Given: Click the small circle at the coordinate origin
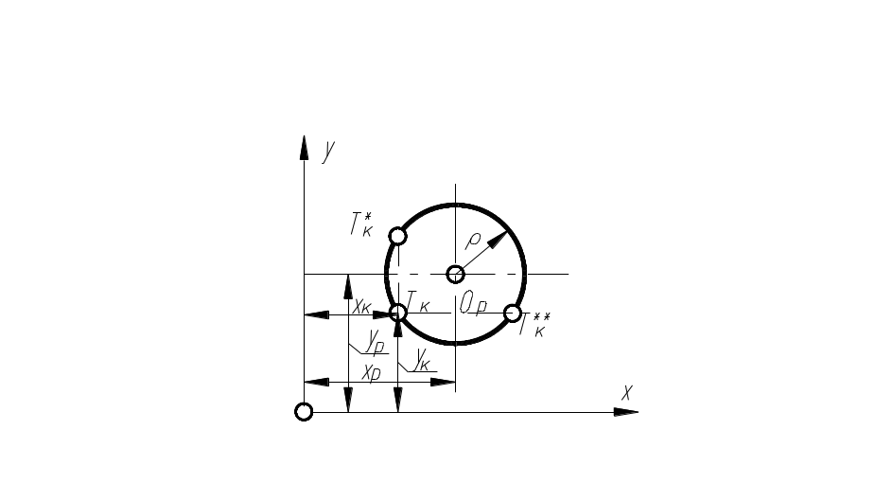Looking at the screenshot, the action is [x=304, y=411].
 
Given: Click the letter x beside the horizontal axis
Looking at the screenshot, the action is [x=626, y=391].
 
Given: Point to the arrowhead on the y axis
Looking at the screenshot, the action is [x=304, y=148].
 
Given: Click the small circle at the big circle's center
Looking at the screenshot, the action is [x=455, y=274].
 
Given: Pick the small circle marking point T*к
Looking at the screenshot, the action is [x=398, y=236].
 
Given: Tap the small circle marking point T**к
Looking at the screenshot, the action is [x=512, y=313].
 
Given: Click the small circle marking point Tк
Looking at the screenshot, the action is [x=398, y=313].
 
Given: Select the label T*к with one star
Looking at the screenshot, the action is [x=360, y=225].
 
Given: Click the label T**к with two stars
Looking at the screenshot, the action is [x=534, y=325].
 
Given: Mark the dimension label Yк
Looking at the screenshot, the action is [x=423, y=360].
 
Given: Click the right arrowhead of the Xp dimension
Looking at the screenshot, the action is [x=444, y=383].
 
